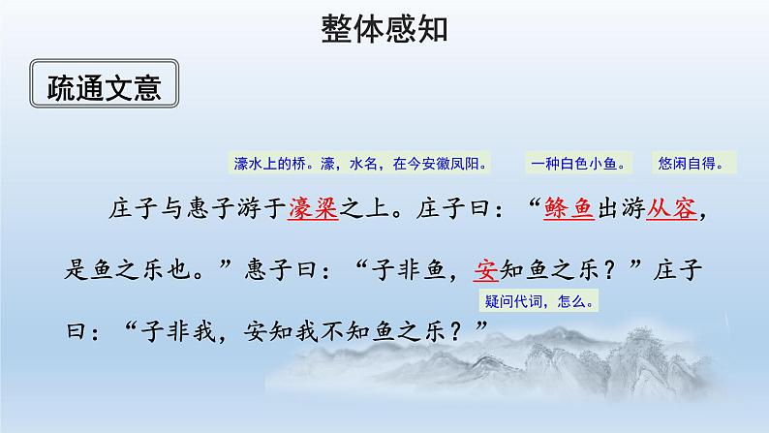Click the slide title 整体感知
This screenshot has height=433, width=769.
pos(384,30)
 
